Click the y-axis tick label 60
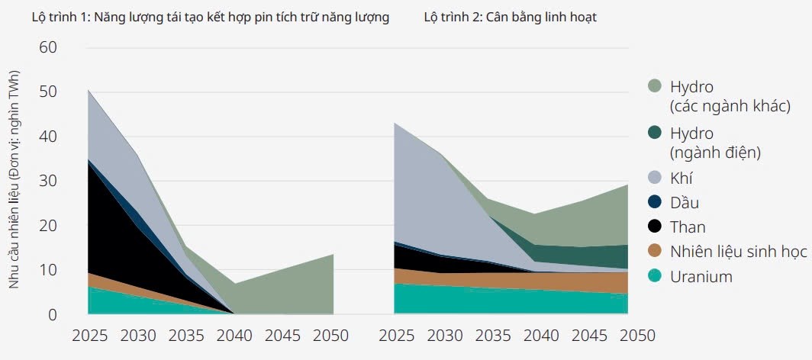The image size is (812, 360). coord(47,47)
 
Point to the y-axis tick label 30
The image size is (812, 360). coord(47,181)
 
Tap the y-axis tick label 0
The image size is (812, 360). coord(52,314)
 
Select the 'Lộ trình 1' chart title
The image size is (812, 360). coord(210,18)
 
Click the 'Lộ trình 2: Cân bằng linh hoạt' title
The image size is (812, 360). coord(510,18)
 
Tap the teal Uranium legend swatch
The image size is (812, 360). coord(654,277)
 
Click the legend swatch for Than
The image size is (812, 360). coord(654,227)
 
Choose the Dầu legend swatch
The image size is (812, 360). coord(654,203)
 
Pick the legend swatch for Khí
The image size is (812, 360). coord(654,178)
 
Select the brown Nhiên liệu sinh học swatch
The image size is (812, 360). coord(654,252)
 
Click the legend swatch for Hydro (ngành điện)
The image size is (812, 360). coord(654,133)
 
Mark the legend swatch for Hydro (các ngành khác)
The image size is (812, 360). coord(654,86)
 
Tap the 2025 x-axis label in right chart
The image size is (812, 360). coord(396,336)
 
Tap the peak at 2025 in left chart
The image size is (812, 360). coord(89,91)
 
